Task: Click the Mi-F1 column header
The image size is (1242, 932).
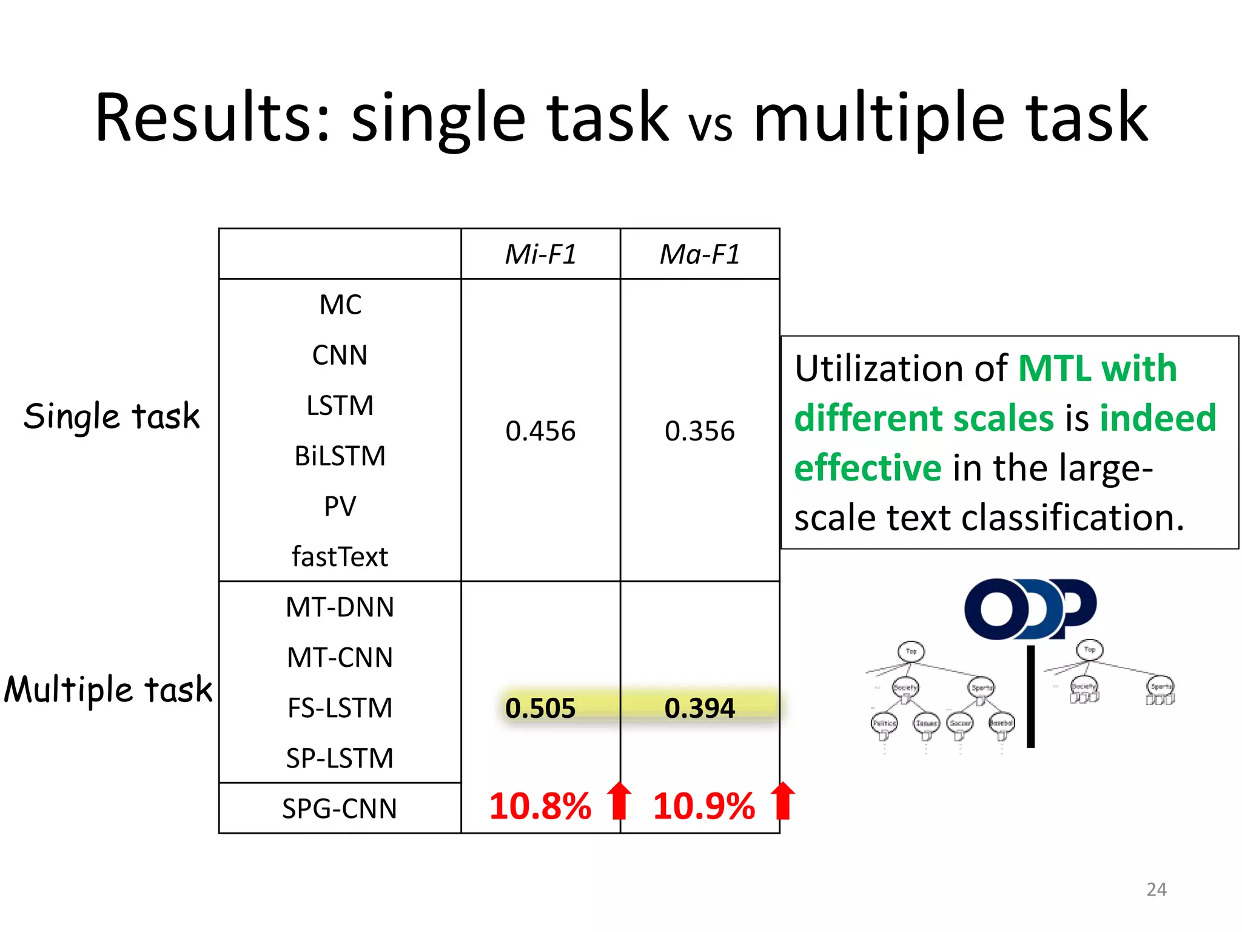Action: [540, 254]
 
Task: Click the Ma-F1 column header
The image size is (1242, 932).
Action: [700, 254]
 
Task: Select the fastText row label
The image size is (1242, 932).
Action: [340, 556]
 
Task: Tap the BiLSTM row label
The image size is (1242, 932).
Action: [340, 456]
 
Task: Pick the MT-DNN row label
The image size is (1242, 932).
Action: [340, 607]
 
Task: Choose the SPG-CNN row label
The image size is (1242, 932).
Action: [340, 808]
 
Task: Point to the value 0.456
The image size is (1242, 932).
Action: [540, 431]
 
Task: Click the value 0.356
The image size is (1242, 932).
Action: [700, 431]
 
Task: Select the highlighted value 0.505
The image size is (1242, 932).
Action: [540, 708]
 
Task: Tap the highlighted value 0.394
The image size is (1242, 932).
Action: [700, 708]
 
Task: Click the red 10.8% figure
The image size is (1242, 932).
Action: [540, 806]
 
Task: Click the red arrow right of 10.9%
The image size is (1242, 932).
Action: [783, 800]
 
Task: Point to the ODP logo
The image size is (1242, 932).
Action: [1030, 609]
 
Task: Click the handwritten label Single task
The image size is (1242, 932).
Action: [112, 417]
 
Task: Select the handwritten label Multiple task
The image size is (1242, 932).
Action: [108, 690]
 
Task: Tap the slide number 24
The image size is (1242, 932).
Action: [1156, 890]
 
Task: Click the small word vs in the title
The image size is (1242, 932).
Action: [710, 124]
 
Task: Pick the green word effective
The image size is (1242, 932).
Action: [868, 468]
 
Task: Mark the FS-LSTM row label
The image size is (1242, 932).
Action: [340, 708]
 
